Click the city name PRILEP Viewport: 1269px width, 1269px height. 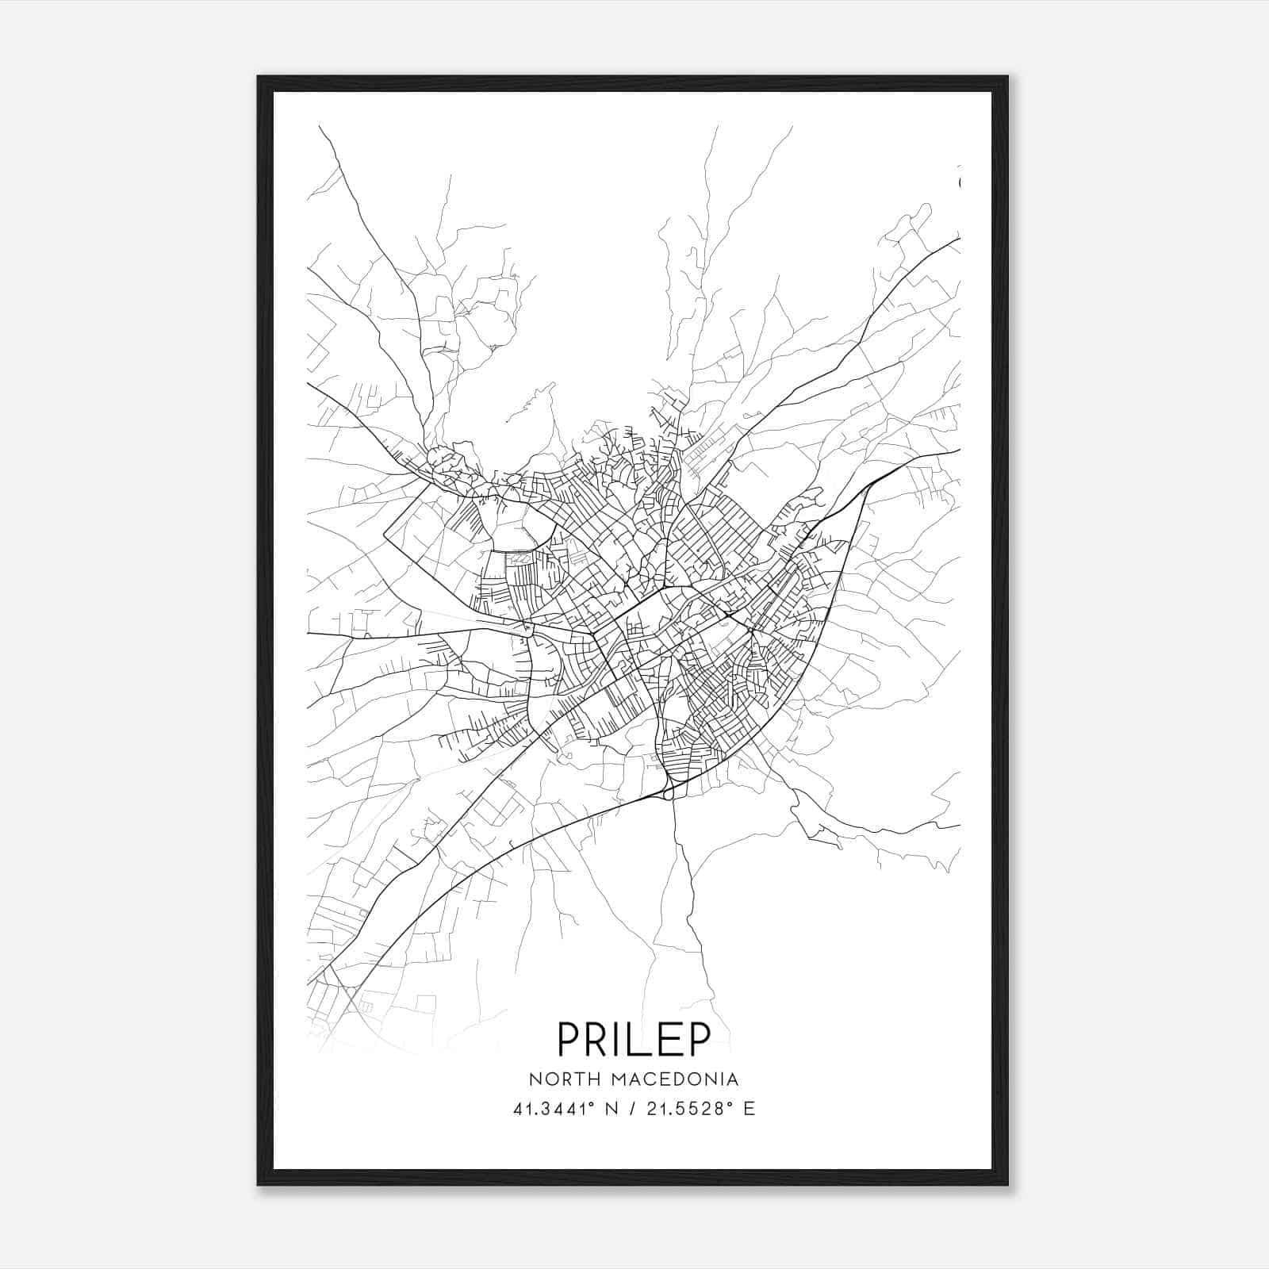[x=634, y=1039]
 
